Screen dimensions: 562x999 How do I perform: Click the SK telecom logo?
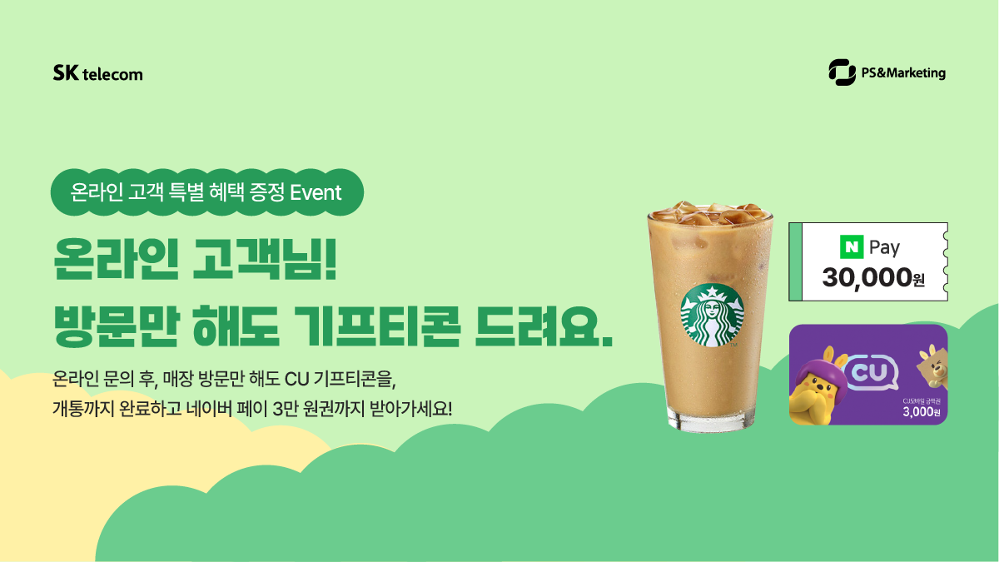coord(97,73)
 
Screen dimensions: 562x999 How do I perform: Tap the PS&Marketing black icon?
coord(842,72)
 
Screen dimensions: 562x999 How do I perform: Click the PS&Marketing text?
coord(902,73)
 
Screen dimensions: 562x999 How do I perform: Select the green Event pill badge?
coord(207,192)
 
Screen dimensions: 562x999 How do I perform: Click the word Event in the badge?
coord(316,192)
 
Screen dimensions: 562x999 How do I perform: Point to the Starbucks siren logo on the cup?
coord(712,320)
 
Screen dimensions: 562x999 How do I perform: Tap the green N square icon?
coord(851,247)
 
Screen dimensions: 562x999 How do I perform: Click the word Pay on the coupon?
coord(884,247)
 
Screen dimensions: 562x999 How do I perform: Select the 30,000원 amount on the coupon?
coord(873,277)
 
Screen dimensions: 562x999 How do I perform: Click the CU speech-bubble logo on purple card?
coord(871,371)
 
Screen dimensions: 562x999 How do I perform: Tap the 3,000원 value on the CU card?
coord(921,411)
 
